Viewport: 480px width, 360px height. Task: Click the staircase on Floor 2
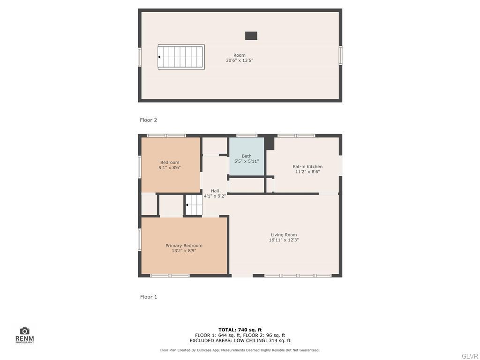point(181,57)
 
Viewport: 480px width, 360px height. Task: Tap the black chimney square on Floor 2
point(251,36)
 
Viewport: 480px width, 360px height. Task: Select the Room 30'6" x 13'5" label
point(240,58)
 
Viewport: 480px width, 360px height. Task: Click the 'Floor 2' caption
point(149,120)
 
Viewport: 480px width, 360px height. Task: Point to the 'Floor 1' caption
point(149,297)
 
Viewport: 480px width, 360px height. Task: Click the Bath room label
point(247,158)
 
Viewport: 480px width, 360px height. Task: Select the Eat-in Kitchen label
point(307,169)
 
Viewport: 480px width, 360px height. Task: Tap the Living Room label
point(284,237)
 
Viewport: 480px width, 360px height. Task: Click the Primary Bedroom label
point(184,248)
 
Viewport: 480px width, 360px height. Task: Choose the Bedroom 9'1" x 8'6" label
point(170,165)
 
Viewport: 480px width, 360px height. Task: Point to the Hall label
point(215,193)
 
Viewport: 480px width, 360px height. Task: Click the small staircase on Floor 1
point(194,205)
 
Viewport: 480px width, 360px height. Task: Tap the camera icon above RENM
point(25,331)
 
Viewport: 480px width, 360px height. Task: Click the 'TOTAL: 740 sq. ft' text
point(240,330)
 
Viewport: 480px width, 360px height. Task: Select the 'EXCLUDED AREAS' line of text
point(240,341)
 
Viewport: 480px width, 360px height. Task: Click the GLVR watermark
point(469,356)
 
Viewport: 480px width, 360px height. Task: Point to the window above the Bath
point(247,136)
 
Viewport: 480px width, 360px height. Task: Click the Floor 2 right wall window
point(340,55)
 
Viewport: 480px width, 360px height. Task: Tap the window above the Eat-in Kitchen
point(296,136)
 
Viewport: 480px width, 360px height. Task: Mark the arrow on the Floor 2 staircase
point(159,57)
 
